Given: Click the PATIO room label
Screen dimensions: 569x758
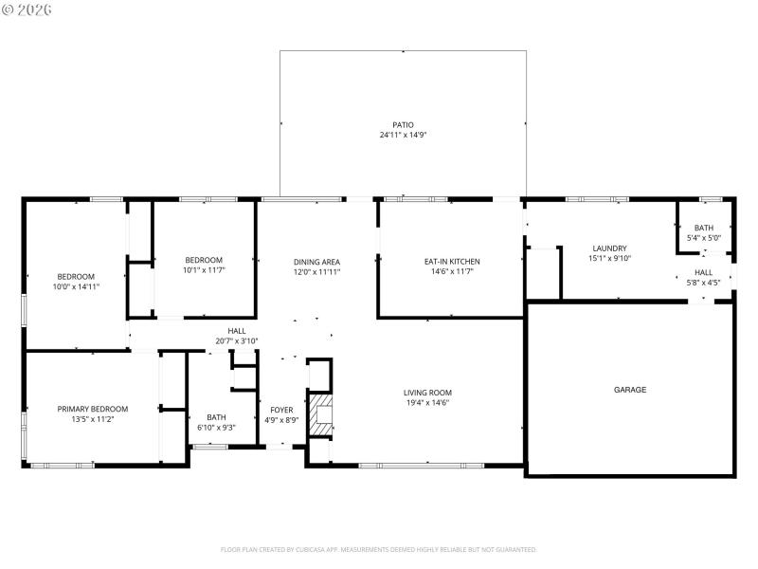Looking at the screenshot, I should point(403,124).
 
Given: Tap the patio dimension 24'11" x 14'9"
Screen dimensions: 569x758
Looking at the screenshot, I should point(403,135).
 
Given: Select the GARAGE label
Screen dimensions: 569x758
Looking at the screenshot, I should point(630,390).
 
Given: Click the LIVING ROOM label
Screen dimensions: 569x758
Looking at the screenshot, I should point(427,393).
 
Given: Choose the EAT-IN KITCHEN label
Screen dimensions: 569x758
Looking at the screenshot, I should point(451,262).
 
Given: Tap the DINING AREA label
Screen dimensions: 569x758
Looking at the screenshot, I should point(316,262).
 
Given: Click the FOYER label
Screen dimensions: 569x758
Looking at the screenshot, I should point(281,410).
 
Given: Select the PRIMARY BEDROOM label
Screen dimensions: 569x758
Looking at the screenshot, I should point(93,409).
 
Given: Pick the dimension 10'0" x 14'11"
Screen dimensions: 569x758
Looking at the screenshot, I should point(77,286).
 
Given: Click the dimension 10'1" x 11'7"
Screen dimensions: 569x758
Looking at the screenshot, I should point(204,270).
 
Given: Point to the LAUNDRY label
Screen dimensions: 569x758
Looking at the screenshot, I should point(609,248).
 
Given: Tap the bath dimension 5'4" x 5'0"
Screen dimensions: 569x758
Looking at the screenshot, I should point(703,238).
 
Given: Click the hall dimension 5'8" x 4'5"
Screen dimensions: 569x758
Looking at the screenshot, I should point(703,282).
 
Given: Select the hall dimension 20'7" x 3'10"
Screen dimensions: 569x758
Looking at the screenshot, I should point(236,341).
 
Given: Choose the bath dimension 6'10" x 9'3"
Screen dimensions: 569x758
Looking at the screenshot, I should point(216,427).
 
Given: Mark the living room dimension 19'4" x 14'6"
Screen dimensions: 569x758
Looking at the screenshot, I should point(427,403).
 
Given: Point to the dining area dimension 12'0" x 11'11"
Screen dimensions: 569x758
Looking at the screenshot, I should point(316,272).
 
